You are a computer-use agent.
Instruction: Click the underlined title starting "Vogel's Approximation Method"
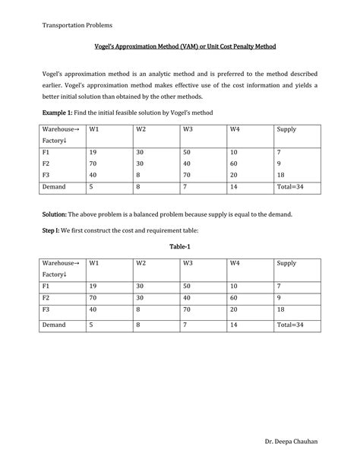coord(180,47)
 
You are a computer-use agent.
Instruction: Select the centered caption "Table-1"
coord(180,248)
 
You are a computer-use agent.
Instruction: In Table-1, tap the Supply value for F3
coord(281,310)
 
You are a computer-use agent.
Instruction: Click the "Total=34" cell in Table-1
coord(290,325)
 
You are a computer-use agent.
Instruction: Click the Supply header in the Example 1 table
coord(286,130)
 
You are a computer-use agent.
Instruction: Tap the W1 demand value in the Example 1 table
coord(91,186)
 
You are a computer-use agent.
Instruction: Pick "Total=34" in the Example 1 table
coord(290,186)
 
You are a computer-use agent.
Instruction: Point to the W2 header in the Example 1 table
coord(141,130)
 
